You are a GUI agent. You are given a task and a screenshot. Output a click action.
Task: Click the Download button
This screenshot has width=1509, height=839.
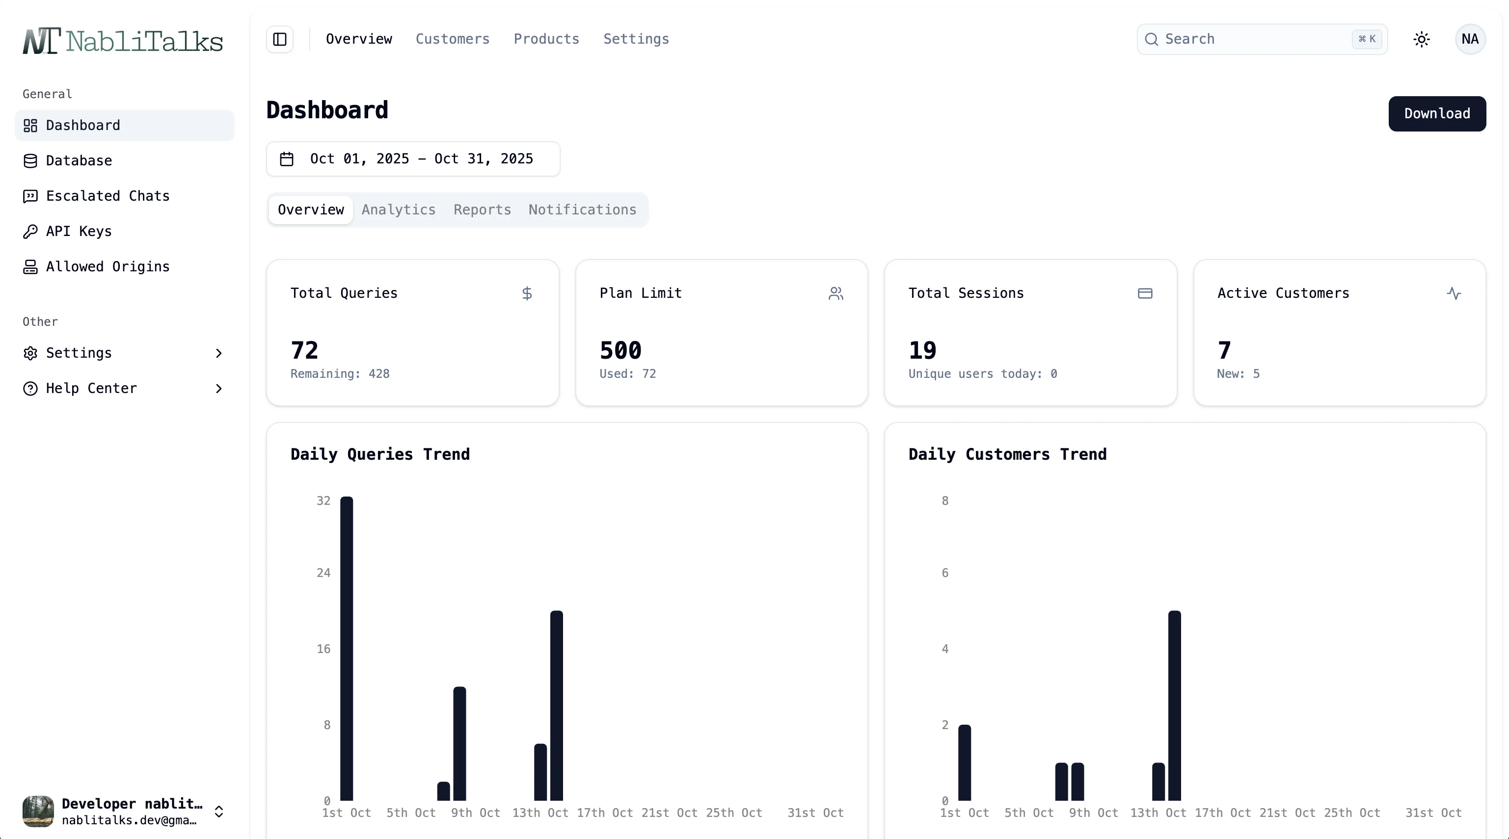pos(1436,114)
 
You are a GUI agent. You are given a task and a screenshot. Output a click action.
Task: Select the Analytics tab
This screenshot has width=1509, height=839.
pos(398,210)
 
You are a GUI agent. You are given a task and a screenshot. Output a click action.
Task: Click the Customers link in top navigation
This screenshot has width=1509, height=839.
pos(452,39)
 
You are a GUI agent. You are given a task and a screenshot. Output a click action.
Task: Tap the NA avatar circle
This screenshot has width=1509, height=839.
pos(1469,39)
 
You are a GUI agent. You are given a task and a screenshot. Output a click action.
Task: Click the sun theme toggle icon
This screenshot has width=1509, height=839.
pos(1421,39)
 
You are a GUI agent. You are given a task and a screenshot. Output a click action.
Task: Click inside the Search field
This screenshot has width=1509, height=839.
pos(1254,39)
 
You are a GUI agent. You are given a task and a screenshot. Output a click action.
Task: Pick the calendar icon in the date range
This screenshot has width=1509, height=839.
pos(287,158)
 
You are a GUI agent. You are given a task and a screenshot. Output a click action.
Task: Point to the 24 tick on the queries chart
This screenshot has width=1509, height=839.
pos(323,573)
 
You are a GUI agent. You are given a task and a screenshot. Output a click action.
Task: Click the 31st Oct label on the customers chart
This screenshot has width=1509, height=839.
pos(1433,813)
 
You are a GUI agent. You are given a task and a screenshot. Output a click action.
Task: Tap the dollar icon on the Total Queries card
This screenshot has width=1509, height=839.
pos(527,293)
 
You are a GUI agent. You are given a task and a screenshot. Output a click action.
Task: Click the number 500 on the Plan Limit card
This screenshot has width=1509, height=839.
pos(620,350)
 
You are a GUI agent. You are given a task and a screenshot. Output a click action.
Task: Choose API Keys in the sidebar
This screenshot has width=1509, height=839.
pos(79,231)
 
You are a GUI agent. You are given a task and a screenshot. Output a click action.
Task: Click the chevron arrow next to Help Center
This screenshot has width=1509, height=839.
pos(218,389)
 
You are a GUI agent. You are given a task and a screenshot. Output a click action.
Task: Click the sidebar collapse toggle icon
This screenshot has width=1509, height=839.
pos(280,39)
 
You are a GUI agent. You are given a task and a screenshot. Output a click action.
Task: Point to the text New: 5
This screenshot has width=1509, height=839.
pos(1238,373)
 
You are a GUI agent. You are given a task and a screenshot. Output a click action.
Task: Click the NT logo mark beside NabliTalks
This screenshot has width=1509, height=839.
pos(41,41)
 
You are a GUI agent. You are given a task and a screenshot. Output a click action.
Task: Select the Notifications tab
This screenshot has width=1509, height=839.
pos(582,210)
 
